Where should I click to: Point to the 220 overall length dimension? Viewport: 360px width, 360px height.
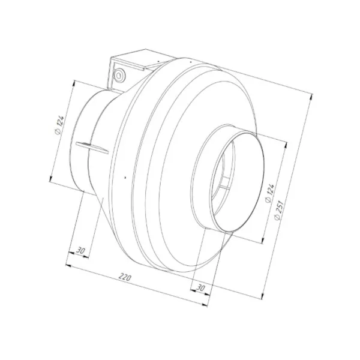click(125, 278)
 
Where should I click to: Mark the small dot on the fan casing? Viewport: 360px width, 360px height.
click(122, 177)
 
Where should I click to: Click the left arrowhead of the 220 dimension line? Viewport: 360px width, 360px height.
click(67, 265)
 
